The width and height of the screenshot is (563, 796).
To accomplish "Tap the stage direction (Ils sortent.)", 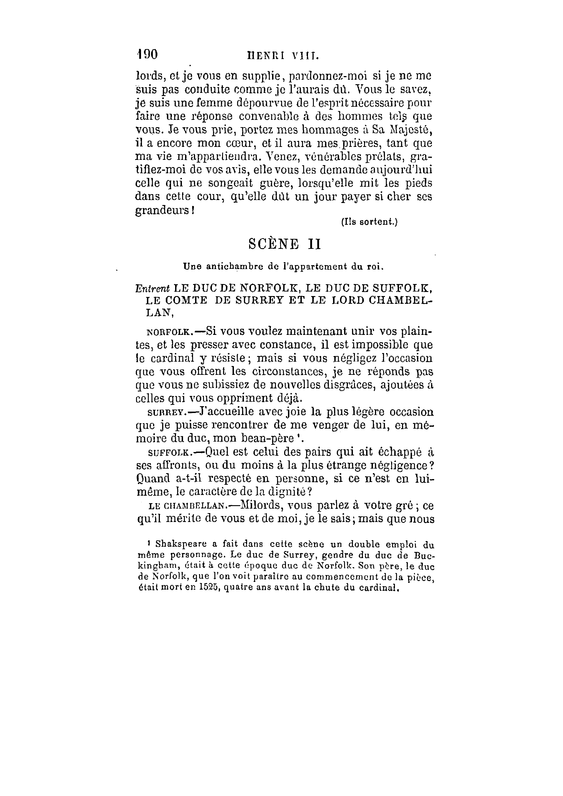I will click(x=369, y=222).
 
